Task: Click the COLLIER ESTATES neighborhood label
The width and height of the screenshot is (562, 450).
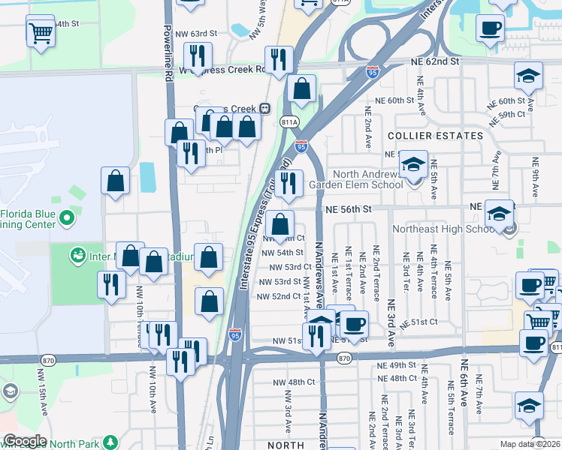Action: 435,136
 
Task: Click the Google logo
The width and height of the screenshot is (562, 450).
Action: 25,440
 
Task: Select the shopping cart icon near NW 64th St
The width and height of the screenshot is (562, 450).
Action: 40,32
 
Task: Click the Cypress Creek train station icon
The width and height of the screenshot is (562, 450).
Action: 264,107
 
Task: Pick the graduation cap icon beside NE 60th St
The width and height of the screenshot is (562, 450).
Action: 528,76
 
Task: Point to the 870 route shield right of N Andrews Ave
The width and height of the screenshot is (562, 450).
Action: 344,359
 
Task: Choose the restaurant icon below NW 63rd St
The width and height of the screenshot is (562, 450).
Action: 198,55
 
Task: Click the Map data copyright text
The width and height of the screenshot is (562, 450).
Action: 530,444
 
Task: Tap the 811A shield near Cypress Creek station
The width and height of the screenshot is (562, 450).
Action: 289,121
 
